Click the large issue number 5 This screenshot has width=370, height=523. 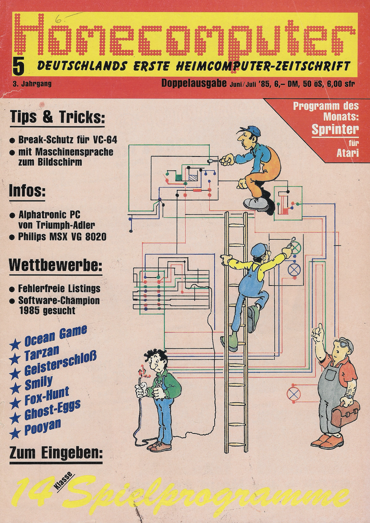(x=19, y=66)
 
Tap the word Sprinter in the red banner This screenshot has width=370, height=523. (x=335, y=129)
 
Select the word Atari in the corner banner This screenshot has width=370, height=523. (x=347, y=153)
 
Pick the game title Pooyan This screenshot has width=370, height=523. (x=42, y=426)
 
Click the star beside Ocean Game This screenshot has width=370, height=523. (x=15, y=345)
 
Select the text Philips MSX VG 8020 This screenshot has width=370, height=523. (x=62, y=237)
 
